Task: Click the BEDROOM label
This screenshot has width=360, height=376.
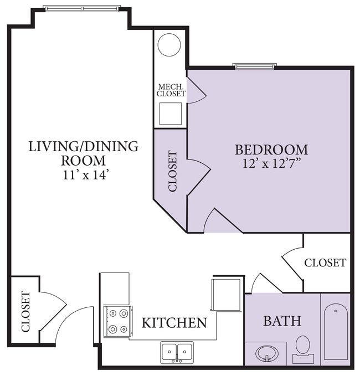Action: tap(271, 150)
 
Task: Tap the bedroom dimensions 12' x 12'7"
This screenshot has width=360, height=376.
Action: tap(272, 164)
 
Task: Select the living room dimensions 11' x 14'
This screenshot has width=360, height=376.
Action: tap(84, 175)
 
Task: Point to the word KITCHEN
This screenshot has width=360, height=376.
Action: tap(174, 323)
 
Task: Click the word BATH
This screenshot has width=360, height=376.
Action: tap(282, 321)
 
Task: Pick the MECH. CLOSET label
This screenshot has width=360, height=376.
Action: tap(171, 90)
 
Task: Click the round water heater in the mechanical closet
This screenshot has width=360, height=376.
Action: tap(169, 45)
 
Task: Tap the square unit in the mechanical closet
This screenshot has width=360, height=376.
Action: tap(171, 114)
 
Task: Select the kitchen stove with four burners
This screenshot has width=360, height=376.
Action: tap(118, 321)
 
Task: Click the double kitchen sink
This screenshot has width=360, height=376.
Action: tap(177, 352)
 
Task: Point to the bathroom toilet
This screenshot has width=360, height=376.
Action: tap(303, 349)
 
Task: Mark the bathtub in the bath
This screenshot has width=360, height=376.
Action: tap(336, 332)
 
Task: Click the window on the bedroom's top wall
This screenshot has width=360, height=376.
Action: tap(255, 66)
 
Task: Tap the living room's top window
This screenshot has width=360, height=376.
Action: tap(83, 9)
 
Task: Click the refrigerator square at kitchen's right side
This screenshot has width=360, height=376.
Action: tap(226, 294)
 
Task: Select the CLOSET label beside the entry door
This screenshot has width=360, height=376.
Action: tap(25, 312)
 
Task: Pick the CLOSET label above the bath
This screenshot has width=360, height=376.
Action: tap(325, 263)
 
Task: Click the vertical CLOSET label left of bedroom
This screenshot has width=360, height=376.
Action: tap(173, 171)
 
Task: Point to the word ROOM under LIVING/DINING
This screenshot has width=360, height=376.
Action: tap(83, 161)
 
